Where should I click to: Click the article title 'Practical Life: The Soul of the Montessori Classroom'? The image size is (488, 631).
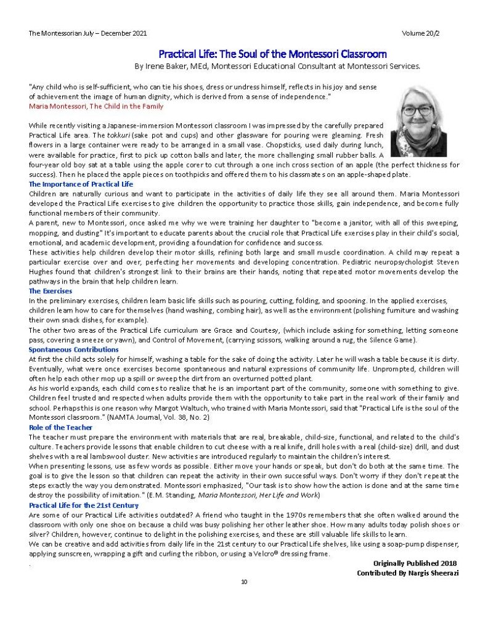point(272,54)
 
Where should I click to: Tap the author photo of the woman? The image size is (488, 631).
point(418,121)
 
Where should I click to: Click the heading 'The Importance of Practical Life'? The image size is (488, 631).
point(80,184)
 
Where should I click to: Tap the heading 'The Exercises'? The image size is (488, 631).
point(51,290)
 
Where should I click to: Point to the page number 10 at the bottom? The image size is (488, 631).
point(244,581)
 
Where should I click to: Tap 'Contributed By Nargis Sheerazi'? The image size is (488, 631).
point(407,573)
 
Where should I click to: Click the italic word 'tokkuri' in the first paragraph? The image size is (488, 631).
point(112,134)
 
